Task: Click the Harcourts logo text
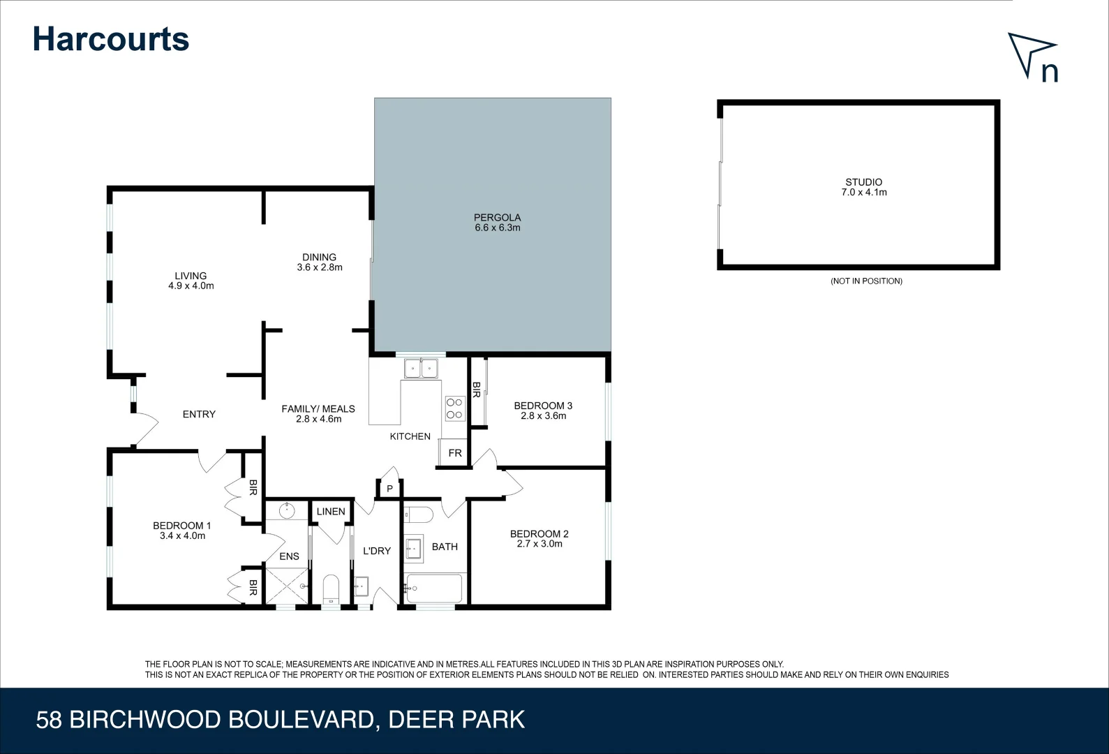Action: (x=110, y=39)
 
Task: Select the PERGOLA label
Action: (x=497, y=217)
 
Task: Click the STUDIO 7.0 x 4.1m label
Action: (x=863, y=187)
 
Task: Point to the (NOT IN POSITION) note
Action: (x=866, y=281)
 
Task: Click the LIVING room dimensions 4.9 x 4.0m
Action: (x=191, y=286)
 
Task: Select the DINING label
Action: (x=319, y=257)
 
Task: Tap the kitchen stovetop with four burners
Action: (x=454, y=408)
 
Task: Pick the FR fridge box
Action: (x=454, y=452)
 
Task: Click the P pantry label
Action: (x=389, y=489)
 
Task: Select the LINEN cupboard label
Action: (x=330, y=511)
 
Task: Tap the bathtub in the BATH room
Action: (x=434, y=589)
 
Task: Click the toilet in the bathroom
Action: (x=419, y=515)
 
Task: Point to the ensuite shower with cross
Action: (x=286, y=586)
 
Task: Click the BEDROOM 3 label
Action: (x=543, y=405)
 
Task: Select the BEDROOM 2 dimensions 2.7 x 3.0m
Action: (x=539, y=544)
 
